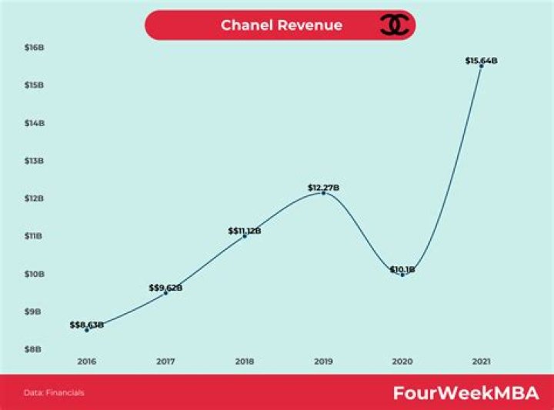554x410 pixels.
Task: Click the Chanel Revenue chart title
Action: pyautogui.click(x=282, y=25)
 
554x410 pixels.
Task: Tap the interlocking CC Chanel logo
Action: pyautogui.click(x=395, y=25)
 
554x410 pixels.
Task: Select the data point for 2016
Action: pyautogui.click(x=87, y=330)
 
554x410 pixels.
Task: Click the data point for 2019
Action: pyautogui.click(x=323, y=192)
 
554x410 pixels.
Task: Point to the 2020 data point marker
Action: pyautogui.click(x=402, y=274)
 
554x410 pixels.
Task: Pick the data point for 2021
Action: pyautogui.click(x=481, y=66)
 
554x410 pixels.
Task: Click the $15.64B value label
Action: pyautogui.click(x=481, y=60)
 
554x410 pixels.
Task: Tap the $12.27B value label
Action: pyautogui.click(x=323, y=187)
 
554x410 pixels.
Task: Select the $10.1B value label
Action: pyautogui.click(x=402, y=269)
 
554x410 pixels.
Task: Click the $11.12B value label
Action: pyautogui.click(x=245, y=230)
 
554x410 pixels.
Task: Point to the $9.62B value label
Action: pyautogui.click(x=165, y=288)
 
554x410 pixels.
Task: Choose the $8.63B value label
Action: pyautogui.click(x=86, y=325)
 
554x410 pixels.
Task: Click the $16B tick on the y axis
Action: pyautogui.click(x=35, y=47)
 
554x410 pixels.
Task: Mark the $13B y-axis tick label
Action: pyautogui.click(x=35, y=161)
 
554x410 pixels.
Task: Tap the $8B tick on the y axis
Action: pyautogui.click(x=35, y=349)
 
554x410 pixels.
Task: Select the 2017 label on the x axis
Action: pyautogui.click(x=165, y=361)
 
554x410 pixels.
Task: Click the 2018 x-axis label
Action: pyautogui.click(x=245, y=361)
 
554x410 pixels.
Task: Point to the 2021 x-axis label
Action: pyautogui.click(x=481, y=361)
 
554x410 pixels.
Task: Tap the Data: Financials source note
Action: pyautogui.click(x=54, y=393)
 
